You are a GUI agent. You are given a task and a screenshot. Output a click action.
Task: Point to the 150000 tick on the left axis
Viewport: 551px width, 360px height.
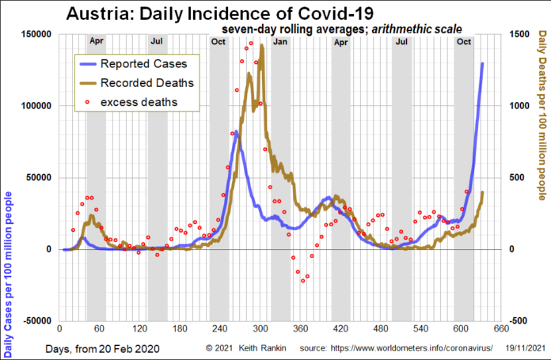34,35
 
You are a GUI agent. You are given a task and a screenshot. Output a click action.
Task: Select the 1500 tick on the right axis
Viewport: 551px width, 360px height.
520,35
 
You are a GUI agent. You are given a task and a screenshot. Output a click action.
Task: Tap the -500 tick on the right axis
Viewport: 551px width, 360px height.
519,320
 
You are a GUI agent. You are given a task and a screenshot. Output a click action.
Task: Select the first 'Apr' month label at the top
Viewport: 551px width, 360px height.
96,40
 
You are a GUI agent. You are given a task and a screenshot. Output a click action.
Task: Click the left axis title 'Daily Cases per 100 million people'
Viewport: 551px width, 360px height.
9,237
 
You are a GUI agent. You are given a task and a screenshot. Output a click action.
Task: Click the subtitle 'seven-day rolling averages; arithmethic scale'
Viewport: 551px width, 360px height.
336,28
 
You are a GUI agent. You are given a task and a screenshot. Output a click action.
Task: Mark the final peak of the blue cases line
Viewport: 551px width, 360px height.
482,63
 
